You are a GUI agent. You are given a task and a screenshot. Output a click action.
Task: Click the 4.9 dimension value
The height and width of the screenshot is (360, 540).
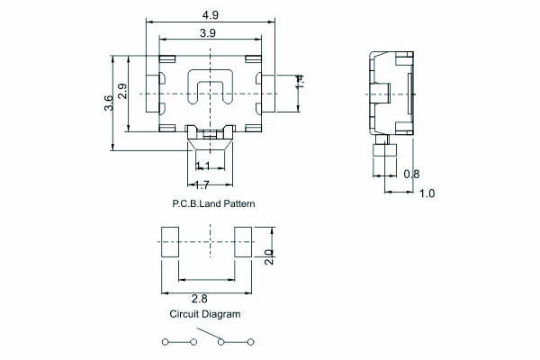210,14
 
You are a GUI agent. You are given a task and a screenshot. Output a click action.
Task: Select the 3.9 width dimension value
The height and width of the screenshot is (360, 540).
208,33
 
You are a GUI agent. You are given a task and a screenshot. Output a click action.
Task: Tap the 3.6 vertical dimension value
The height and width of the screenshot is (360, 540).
109,103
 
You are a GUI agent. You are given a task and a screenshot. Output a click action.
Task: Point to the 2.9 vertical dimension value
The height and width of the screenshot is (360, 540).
122,91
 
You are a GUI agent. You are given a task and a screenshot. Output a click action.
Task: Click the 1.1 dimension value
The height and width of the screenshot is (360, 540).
202,166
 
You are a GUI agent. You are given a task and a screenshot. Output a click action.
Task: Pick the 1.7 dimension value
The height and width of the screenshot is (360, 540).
202,185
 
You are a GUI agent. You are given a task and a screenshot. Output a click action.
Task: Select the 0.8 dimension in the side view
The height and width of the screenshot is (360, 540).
411,174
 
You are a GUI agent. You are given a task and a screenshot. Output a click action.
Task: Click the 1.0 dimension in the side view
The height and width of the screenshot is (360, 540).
427,193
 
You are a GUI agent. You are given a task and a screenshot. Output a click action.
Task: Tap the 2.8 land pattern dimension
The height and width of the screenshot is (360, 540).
200,299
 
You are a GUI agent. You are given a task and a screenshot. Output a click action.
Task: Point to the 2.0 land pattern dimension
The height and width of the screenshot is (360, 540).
269,257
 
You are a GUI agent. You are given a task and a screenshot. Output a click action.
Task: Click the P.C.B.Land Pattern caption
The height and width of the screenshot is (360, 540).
213,203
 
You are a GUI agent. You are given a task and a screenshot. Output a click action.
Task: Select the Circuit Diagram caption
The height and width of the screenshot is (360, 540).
205,314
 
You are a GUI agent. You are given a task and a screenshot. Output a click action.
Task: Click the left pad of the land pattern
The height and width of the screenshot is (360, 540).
170,242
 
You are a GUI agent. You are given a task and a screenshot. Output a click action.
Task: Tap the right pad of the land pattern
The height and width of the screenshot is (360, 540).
243,242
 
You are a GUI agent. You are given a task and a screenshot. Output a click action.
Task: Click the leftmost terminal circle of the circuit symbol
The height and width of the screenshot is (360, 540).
165,342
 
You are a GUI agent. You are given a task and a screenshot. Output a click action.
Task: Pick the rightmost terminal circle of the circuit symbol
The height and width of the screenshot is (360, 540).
251,342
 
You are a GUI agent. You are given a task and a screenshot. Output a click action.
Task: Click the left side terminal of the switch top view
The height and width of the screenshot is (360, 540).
153,94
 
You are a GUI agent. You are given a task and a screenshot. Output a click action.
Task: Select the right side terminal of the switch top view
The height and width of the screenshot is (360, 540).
268,94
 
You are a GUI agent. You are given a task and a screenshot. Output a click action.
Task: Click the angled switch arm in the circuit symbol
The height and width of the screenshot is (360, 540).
209,334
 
